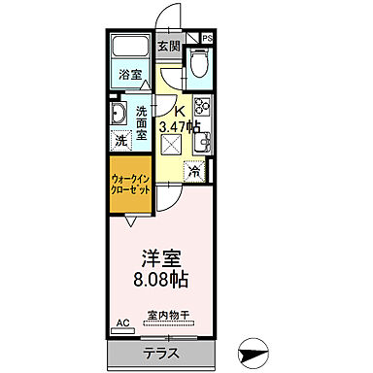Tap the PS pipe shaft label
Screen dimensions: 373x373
208,40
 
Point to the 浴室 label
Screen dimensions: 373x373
129,74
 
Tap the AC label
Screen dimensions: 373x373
123,322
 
